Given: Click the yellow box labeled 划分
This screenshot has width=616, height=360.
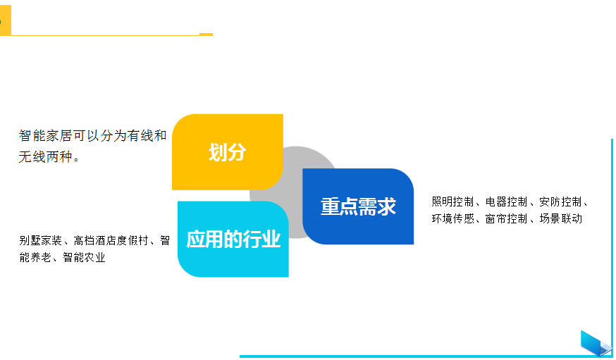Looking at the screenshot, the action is tap(228, 152).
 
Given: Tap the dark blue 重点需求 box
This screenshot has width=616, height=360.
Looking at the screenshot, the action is tap(358, 206).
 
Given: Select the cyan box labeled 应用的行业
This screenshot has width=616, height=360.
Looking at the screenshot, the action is tap(233, 239).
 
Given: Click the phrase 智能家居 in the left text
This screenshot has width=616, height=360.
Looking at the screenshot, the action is tap(45, 136).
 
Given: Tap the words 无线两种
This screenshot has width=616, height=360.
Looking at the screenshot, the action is tap(45, 157).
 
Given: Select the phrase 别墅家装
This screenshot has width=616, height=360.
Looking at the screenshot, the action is tap(40, 240).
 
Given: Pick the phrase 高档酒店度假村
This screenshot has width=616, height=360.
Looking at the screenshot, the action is tap(111, 240).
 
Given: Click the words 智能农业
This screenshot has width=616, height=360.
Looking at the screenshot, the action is tap(84, 258).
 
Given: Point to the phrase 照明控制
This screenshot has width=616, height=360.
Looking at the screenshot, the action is tap(452, 201).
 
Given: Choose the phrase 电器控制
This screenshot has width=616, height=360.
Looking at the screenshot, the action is tap(506, 201).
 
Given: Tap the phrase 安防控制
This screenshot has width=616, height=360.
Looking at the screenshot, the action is tap(560, 201).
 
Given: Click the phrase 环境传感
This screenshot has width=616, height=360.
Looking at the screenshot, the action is tap(452, 218).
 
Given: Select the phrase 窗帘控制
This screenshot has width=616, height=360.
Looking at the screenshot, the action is tap(506, 218).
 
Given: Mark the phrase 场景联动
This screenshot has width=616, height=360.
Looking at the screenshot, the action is tap(560, 218).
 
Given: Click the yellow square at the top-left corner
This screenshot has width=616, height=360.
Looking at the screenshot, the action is tap(6, 20).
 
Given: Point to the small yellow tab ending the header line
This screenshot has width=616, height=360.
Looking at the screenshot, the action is tap(207, 35).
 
